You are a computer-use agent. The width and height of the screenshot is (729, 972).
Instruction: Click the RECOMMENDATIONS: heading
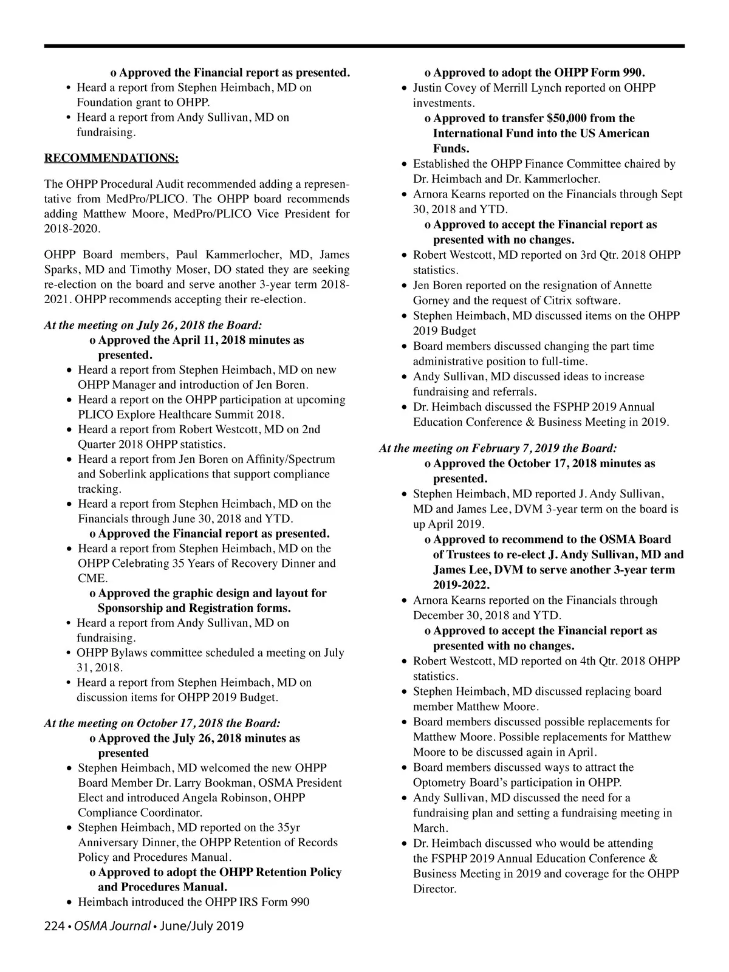coord(111,159)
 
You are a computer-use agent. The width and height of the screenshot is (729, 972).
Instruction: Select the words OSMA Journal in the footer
coord(112,926)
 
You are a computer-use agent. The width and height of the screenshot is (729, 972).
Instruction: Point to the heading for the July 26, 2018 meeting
coord(153,325)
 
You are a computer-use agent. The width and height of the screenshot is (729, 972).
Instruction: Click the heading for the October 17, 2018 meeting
coord(162,723)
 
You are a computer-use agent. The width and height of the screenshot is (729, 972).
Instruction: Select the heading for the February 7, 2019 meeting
coord(498,448)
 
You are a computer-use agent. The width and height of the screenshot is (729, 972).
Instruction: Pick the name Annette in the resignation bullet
coord(632,286)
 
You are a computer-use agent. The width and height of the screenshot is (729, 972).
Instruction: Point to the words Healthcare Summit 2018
coord(224,415)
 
